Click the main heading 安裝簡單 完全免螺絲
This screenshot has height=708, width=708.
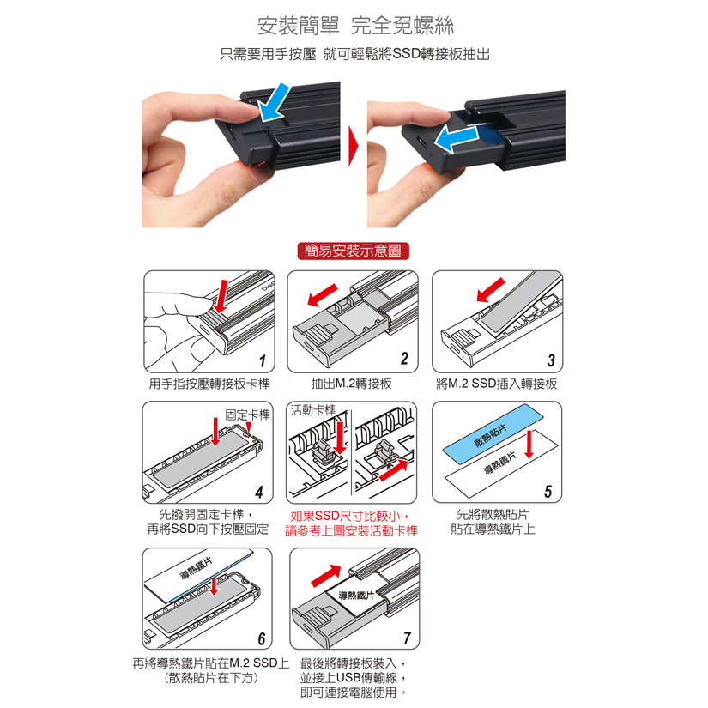pyautogui.click(x=355, y=26)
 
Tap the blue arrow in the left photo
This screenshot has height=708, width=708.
pyautogui.click(x=274, y=102)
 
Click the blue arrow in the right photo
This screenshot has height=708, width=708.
pyautogui.click(x=456, y=140)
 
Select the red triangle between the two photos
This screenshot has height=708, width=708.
pyautogui.click(x=353, y=146)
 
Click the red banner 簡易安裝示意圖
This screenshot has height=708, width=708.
pyautogui.click(x=353, y=251)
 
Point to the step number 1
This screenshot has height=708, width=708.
pyautogui.click(x=263, y=360)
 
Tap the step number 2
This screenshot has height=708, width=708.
pyautogui.click(x=404, y=358)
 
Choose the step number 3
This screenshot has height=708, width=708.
pyautogui.click(x=551, y=360)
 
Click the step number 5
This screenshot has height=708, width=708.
pyautogui.click(x=548, y=491)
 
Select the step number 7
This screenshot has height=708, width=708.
pyautogui.click(x=408, y=638)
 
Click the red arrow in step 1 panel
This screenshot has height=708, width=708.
pyautogui.click(x=222, y=296)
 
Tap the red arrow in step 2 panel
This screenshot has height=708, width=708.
pyautogui.click(x=322, y=295)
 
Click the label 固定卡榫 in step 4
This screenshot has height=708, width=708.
pyautogui.click(x=247, y=415)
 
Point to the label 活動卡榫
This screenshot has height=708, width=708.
pyautogui.click(x=313, y=410)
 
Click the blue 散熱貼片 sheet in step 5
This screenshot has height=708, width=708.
pyautogui.click(x=493, y=433)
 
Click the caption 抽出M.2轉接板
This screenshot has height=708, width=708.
pyautogui.click(x=351, y=384)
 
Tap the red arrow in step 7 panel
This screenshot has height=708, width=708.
pyautogui.click(x=326, y=576)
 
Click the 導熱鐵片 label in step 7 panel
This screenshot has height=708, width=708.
pyautogui.click(x=357, y=596)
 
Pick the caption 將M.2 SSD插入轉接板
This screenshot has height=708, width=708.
pyautogui.click(x=496, y=384)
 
